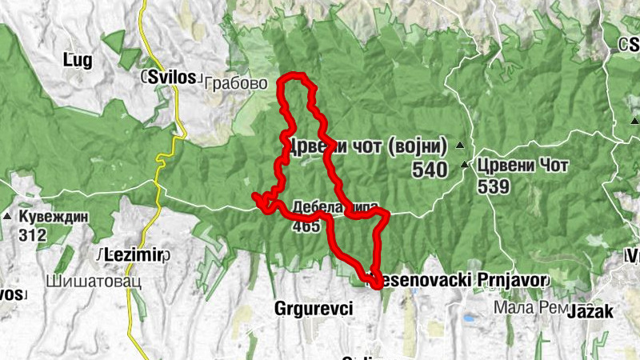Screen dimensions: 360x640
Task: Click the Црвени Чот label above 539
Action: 522,166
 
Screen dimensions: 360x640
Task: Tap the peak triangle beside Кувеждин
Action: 7,217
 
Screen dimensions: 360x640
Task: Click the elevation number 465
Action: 306,226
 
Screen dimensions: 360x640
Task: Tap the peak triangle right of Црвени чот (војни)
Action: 459,146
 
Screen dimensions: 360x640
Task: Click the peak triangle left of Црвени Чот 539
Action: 466,166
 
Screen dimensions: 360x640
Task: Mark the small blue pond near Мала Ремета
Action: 466,318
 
